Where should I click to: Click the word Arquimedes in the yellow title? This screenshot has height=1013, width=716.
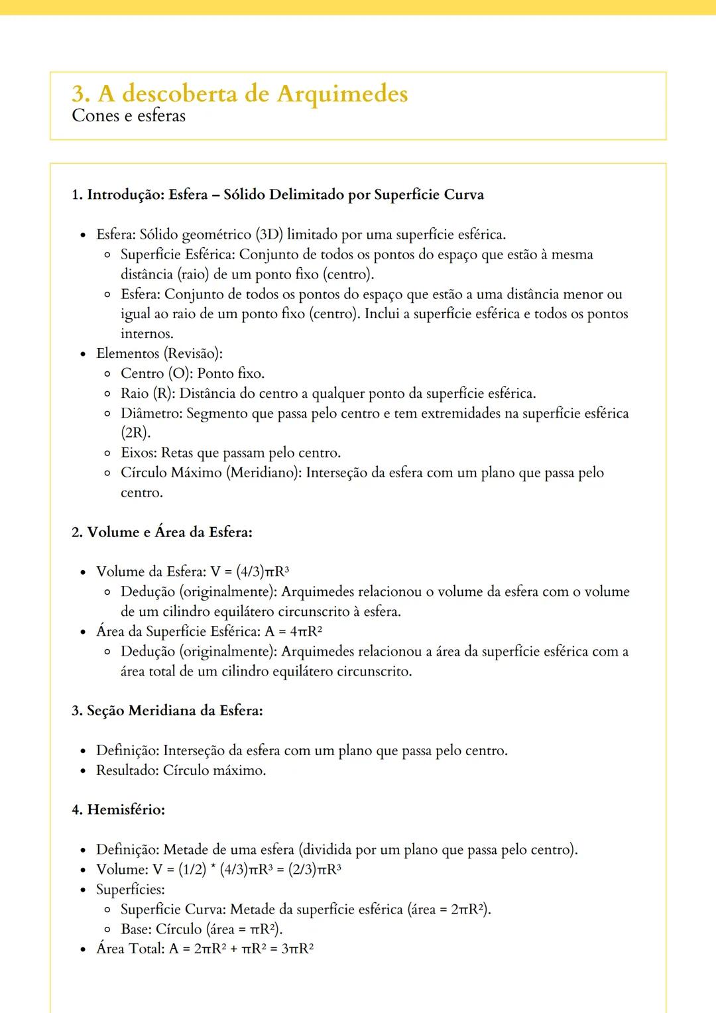342,94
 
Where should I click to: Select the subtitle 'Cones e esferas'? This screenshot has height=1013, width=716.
129,116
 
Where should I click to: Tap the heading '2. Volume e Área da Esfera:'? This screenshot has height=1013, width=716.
162,532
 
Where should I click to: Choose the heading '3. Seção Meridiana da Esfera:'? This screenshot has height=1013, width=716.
167,711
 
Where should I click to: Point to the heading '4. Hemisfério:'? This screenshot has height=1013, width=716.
118,809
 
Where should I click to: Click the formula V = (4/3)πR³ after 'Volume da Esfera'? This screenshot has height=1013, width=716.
250,571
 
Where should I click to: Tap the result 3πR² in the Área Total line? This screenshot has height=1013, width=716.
297,949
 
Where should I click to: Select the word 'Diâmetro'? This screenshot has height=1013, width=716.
150,414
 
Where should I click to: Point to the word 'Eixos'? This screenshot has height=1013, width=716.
139,453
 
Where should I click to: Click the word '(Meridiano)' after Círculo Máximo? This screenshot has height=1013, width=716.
265,473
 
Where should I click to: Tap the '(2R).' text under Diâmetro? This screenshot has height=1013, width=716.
135,433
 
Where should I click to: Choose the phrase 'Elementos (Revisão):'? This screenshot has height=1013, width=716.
159,354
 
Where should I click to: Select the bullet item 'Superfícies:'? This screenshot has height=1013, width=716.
131,889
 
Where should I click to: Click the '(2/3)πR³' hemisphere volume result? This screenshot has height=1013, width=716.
315,869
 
